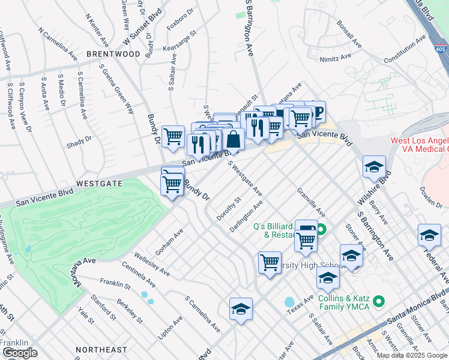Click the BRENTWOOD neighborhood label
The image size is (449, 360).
113,54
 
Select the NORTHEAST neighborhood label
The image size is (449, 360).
101,350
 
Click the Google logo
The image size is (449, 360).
20,353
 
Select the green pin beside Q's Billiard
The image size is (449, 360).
322,229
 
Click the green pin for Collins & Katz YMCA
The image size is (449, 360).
378,301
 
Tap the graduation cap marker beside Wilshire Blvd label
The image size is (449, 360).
374,167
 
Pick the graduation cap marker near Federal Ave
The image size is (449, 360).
429,235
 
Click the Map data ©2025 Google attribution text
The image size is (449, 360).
412,355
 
